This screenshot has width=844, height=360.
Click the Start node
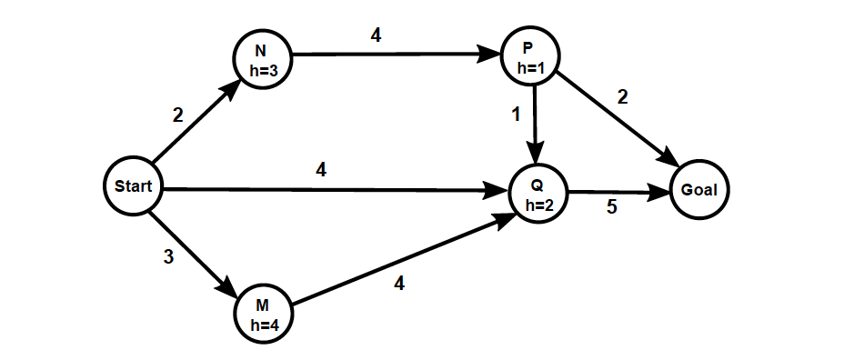(x=133, y=187)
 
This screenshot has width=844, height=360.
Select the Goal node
(x=700, y=190)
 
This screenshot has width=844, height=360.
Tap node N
(x=260, y=61)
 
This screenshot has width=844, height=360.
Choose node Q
(x=537, y=194)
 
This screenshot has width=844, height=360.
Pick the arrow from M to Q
(x=400, y=259)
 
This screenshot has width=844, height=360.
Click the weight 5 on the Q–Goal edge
(x=611, y=207)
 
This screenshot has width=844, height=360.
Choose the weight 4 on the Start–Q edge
(x=321, y=169)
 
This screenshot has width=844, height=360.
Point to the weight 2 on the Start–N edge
(x=177, y=115)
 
